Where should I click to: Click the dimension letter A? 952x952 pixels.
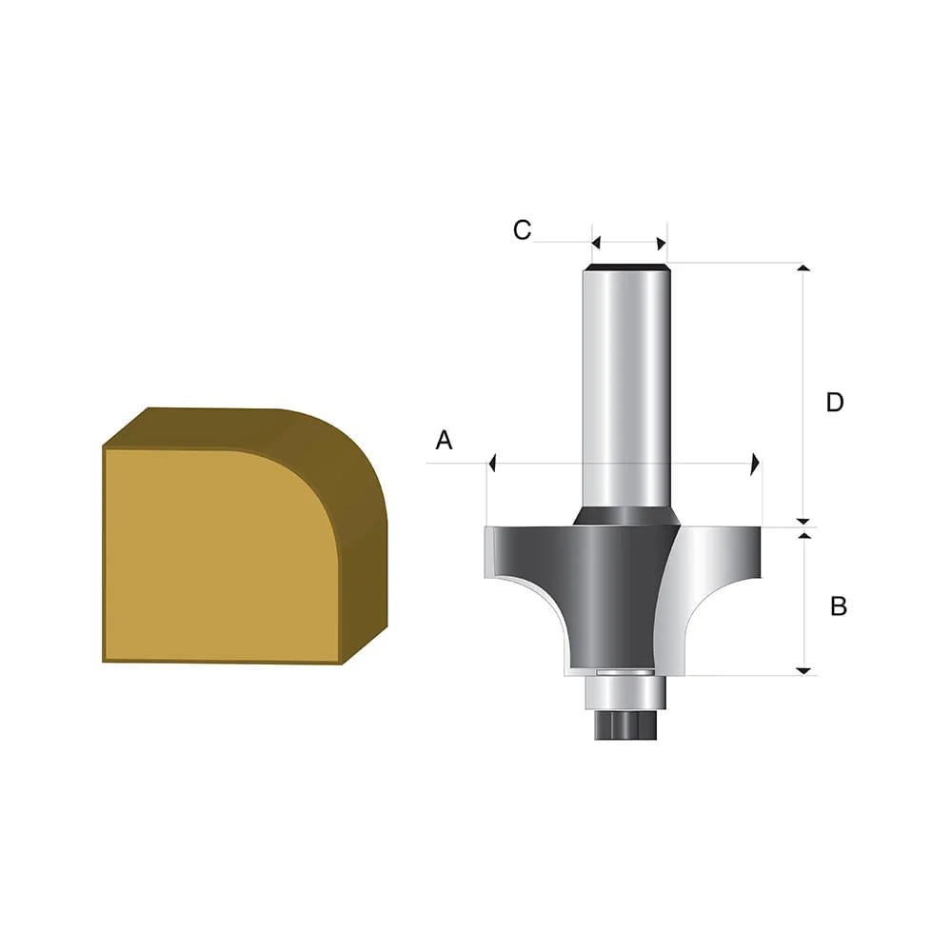click(x=444, y=440)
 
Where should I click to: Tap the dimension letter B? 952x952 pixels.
click(x=839, y=605)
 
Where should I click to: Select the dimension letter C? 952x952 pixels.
click(x=522, y=230)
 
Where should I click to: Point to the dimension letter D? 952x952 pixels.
click(x=835, y=403)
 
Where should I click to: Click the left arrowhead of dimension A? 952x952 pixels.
click(x=493, y=464)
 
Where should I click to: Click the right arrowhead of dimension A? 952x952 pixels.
click(x=755, y=464)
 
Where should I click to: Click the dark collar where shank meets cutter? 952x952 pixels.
click(x=625, y=515)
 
